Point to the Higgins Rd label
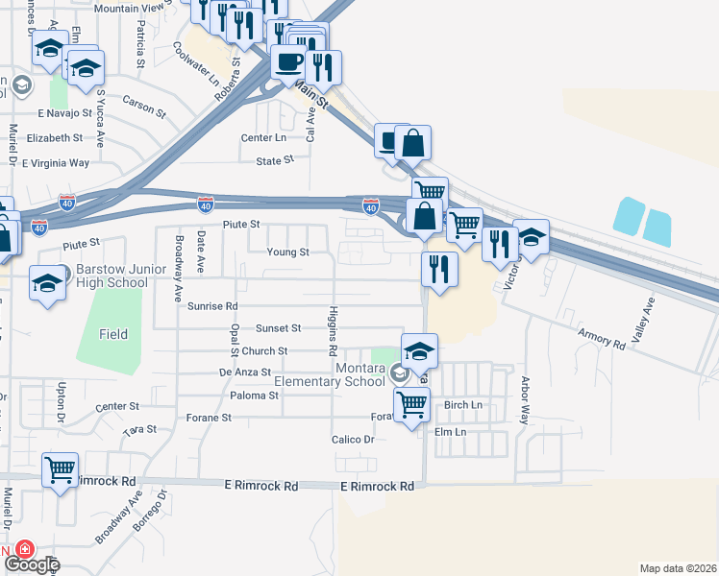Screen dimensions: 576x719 tap(333, 326)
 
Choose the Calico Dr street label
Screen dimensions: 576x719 tap(354, 439)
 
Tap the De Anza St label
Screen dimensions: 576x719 tap(245, 372)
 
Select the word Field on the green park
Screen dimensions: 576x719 tap(113, 334)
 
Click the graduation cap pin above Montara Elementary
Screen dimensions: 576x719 tap(419, 351)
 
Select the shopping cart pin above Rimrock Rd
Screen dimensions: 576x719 tap(61, 470)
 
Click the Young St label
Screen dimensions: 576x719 tap(288, 252)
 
